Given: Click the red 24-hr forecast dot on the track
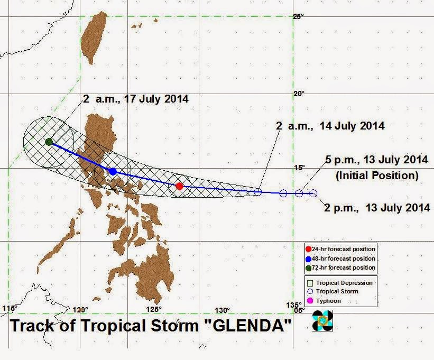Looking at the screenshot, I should [x=179, y=186].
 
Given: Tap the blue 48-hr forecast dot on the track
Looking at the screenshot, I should [x=113, y=171].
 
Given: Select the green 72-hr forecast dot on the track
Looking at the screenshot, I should [x=49, y=142].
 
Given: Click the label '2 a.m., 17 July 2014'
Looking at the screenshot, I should [x=135, y=99].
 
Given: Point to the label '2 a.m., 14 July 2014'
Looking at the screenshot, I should [x=330, y=126].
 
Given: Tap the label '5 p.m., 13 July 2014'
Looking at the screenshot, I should [x=377, y=161].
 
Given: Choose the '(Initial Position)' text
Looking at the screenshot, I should [x=377, y=174].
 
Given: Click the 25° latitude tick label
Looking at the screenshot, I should [x=299, y=17].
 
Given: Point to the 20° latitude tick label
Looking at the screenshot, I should [x=299, y=94].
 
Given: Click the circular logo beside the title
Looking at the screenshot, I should [x=322, y=321].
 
